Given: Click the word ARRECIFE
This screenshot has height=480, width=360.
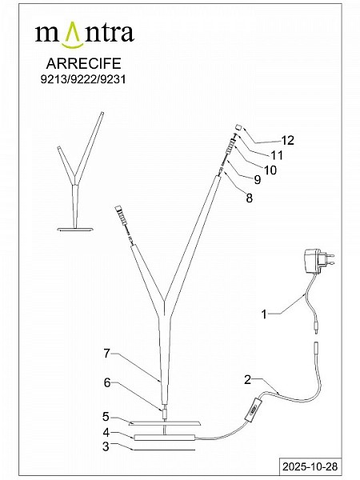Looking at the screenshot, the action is pos(83,63).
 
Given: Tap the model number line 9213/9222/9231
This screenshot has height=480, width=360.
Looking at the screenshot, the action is pos(83,79).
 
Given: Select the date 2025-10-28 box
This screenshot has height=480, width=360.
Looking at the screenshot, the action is pos(310,466).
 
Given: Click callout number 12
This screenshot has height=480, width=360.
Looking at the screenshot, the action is pos(287,140).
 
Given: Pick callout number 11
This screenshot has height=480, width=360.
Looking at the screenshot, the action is pos(277,155).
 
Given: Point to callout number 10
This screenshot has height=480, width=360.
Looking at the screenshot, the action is pos(270,170).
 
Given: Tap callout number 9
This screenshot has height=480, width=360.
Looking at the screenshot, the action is pos(258,180).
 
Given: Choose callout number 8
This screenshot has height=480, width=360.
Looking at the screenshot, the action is pos(250,198).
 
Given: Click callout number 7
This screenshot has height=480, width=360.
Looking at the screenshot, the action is pos(106,354).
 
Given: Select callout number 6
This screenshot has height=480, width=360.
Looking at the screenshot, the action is pos(107,382).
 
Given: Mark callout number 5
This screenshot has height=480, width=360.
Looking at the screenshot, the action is pos(106,417).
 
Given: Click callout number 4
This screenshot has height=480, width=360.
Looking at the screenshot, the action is pos(106,433).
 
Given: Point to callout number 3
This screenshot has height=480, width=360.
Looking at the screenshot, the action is pos(106,446).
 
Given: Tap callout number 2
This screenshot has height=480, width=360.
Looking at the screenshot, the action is pos(248,380).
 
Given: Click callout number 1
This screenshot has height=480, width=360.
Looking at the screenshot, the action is pos(264,314).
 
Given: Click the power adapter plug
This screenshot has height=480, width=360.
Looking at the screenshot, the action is pos(318,261).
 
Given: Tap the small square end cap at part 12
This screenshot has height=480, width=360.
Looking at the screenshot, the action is pos(239,127).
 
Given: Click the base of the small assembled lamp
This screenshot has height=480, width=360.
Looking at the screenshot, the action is pos(75,229).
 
